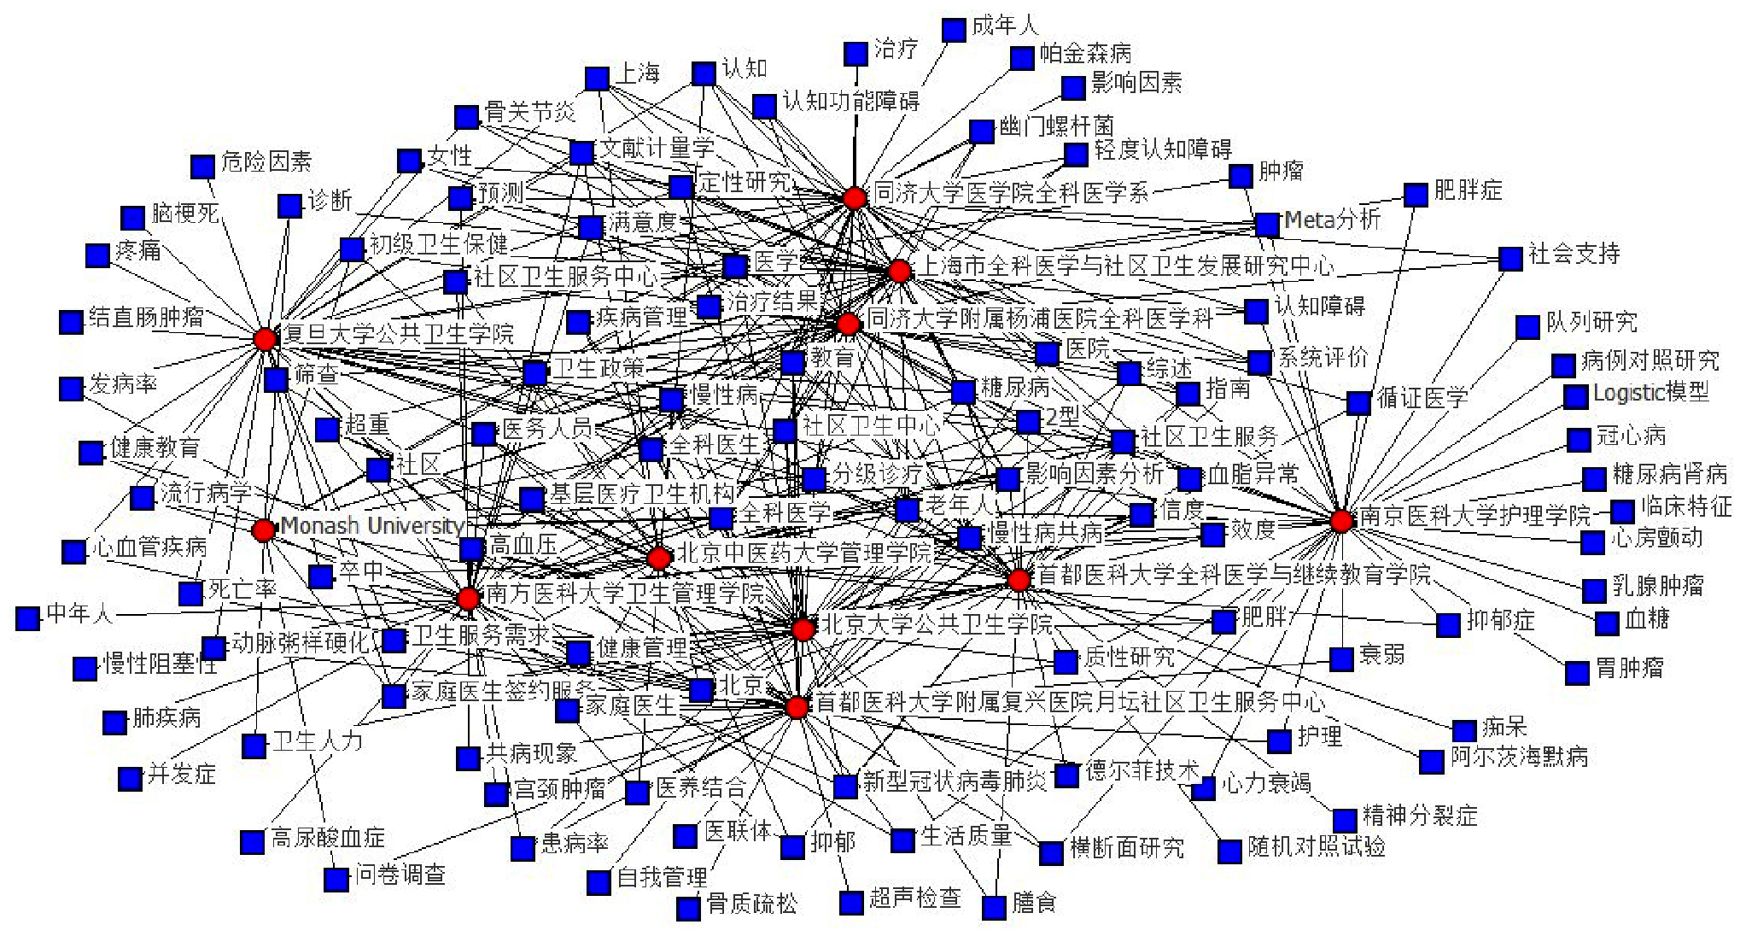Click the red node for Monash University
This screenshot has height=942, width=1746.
264,530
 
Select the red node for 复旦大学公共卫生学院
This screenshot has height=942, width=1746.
266,339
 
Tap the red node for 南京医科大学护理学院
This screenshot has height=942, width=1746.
1341,520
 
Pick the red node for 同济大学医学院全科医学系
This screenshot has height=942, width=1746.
855,198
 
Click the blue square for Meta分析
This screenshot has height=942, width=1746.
1267,224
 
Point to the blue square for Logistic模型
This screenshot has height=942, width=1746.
1575,396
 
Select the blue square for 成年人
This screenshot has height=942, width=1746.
954,30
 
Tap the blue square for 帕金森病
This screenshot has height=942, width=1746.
1022,58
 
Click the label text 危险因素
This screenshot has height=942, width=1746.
266,161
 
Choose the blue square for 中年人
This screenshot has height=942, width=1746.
28,617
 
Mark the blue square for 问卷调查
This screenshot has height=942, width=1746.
336,879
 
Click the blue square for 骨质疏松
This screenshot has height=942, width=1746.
688,908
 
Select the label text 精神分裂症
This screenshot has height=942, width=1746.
1419,816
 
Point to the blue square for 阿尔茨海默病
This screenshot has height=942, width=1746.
1432,761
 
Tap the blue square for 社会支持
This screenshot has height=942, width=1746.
1510,258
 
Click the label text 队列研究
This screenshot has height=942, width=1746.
1591,323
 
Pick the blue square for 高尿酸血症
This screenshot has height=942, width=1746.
252,842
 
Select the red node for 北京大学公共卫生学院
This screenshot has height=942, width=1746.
803,630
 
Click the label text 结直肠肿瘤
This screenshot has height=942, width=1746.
146,319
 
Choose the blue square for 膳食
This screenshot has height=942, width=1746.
994,907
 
